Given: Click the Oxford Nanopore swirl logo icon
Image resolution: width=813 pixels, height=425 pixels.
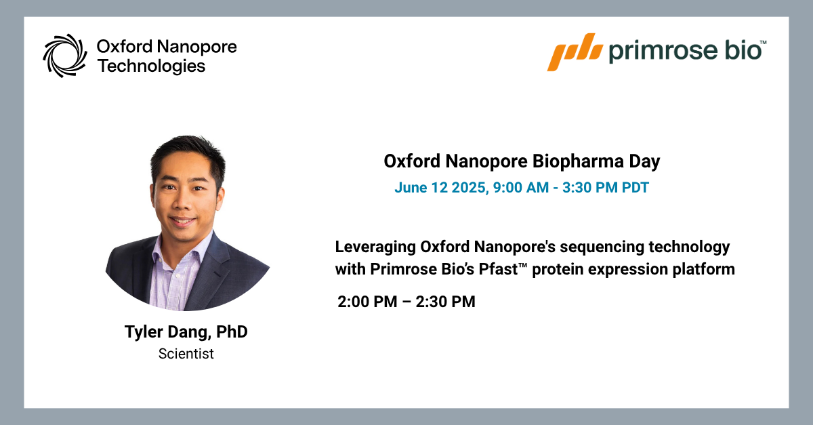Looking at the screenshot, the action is (65, 56).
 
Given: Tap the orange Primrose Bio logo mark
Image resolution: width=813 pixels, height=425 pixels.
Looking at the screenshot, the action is (575, 52).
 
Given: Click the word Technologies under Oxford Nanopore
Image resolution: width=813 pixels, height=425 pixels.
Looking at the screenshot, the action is (151, 66).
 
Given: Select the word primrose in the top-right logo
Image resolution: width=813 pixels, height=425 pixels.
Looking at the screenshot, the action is (663, 52).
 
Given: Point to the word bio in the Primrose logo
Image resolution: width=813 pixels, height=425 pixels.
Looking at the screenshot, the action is (743, 49).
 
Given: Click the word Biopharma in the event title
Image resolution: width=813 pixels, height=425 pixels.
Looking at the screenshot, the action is (578, 161).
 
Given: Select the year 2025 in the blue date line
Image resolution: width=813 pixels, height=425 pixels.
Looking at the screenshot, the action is (470, 188).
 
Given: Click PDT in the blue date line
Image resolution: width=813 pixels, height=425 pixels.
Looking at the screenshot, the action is (635, 188).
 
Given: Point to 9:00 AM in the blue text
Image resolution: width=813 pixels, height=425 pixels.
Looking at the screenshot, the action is (521, 188).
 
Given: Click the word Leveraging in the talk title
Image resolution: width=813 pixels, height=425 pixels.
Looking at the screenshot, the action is (375, 247).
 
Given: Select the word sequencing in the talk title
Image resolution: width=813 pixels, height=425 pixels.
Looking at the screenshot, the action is (602, 247).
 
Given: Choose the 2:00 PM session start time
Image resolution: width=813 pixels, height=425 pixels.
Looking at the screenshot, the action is (367, 302).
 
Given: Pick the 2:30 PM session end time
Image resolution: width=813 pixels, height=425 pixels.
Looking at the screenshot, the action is (445, 302).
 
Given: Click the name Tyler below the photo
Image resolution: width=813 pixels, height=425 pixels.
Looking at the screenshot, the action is (144, 332).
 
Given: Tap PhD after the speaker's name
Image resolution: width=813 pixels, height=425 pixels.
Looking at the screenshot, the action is (232, 331).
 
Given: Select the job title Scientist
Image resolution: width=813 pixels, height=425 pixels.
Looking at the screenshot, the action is (186, 354).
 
